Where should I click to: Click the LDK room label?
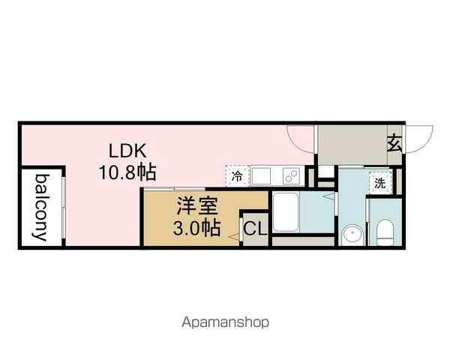pyautogui.click(x=127, y=151)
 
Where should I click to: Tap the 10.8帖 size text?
pyautogui.click(x=127, y=172)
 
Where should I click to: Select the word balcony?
pyautogui.click(x=42, y=207)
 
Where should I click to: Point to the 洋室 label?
pyautogui.click(x=197, y=205)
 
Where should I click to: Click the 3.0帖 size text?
pyautogui.click(x=196, y=228)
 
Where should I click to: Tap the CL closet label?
pyautogui.click(x=256, y=229)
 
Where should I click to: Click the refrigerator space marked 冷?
pyautogui.click(x=237, y=175)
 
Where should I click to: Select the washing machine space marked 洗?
pyautogui.click(x=380, y=183)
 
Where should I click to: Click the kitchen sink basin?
pyautogui.click(x=261, y=175)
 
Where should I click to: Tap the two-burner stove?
pyautogui.click(x=291, y=176)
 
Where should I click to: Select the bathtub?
pyautogui.click(x=286, y=212)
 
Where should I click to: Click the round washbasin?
pyautogui.click(x=352, y=234)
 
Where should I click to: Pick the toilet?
pyautogui.click(x=385, y=232)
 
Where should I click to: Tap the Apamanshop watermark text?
pyautogui.click(x=225, y=322)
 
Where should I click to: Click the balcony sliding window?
pyautogui.click(x=64, y=211)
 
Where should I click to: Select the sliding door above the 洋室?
pyautogui.click(x=175, y=188)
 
